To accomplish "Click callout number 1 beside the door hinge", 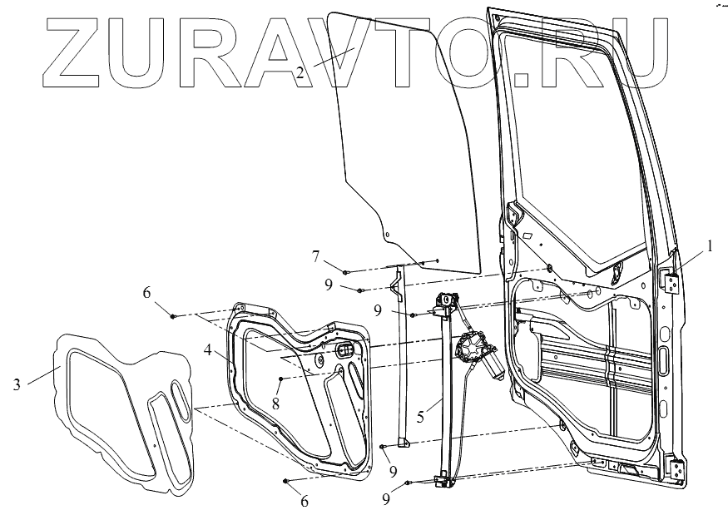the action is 709,246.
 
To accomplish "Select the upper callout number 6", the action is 146,294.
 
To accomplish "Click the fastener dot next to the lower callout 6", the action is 285,481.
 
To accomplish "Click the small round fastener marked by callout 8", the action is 282,379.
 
